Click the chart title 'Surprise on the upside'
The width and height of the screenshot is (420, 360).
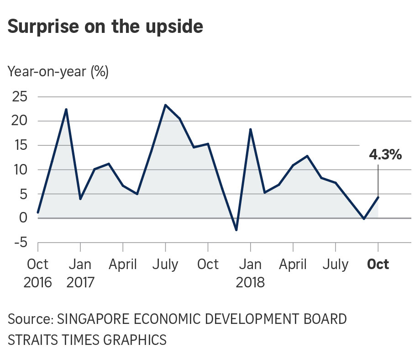point(105,27)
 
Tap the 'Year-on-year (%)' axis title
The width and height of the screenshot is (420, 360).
point(58,72)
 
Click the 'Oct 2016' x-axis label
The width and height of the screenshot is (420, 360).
point(37,272)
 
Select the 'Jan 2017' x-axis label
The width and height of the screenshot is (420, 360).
point(80,272)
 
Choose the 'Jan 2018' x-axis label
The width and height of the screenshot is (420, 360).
point(250,272)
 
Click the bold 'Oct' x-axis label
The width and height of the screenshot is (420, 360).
point(378,264)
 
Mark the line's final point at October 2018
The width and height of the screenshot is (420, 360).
point(378,197)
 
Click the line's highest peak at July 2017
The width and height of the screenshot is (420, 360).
point(165,105)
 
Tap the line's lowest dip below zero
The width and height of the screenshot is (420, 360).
point(236,230)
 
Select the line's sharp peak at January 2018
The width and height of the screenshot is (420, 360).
point(251,129)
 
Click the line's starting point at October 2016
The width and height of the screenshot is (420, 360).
point(38,212)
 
